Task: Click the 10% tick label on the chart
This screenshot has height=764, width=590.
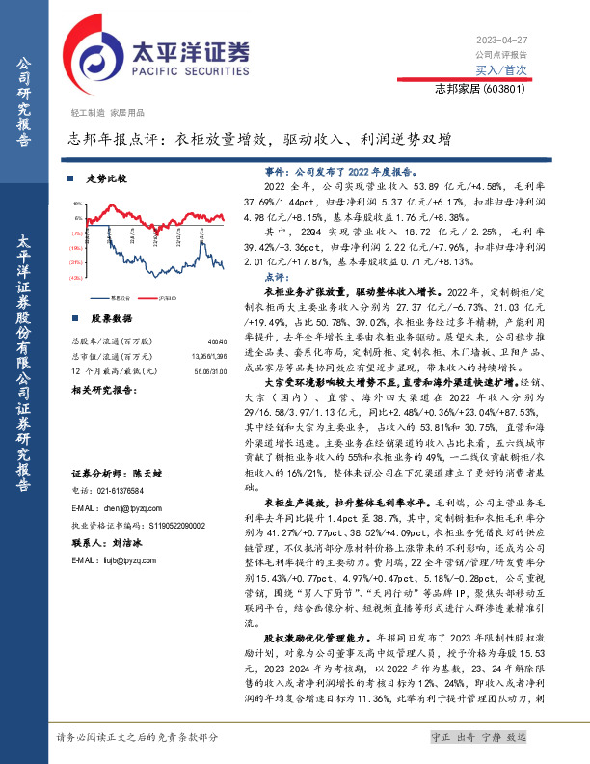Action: coord(77,205)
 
